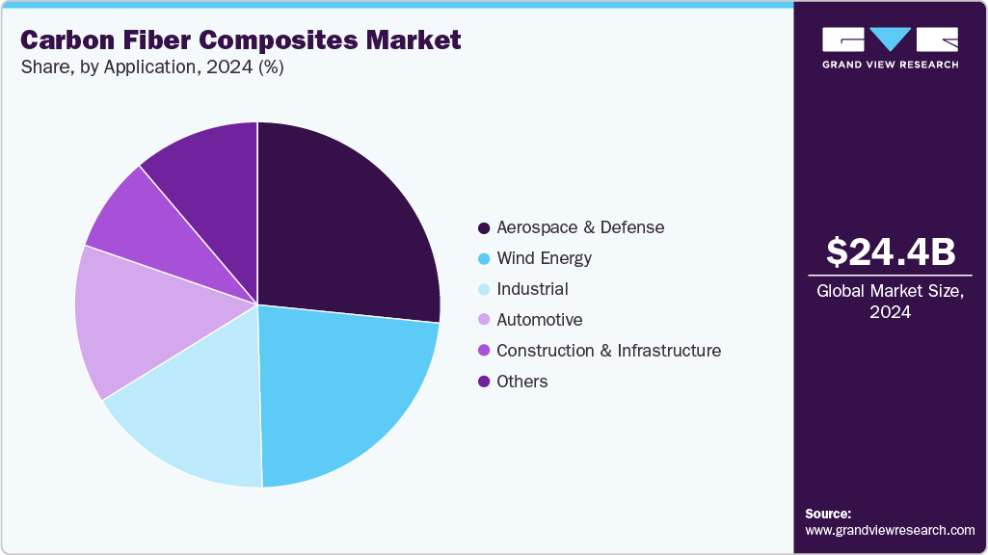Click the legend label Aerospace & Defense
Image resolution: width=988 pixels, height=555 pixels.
tap(580, 227)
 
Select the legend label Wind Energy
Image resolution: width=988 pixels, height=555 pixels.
tap(544, 258)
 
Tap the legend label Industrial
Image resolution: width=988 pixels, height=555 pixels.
tap(532, 289)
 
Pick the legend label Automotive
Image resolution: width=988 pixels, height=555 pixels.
tap(539, 320)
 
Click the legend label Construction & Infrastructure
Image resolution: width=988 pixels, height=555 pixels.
tap(608, 351)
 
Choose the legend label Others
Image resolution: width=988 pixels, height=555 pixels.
tap(521, 382)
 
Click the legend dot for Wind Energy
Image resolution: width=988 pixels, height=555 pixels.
tap(484, 258)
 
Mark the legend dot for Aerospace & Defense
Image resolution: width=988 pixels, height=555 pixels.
tap(484, 227)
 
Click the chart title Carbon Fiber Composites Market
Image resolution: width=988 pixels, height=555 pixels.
tap(241, 40)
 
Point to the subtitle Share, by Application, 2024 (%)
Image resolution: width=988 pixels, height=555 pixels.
tap(152, 67)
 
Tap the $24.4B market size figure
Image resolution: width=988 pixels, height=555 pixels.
tap(891, 251)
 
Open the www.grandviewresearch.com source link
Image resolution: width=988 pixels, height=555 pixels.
tap(890, 530)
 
